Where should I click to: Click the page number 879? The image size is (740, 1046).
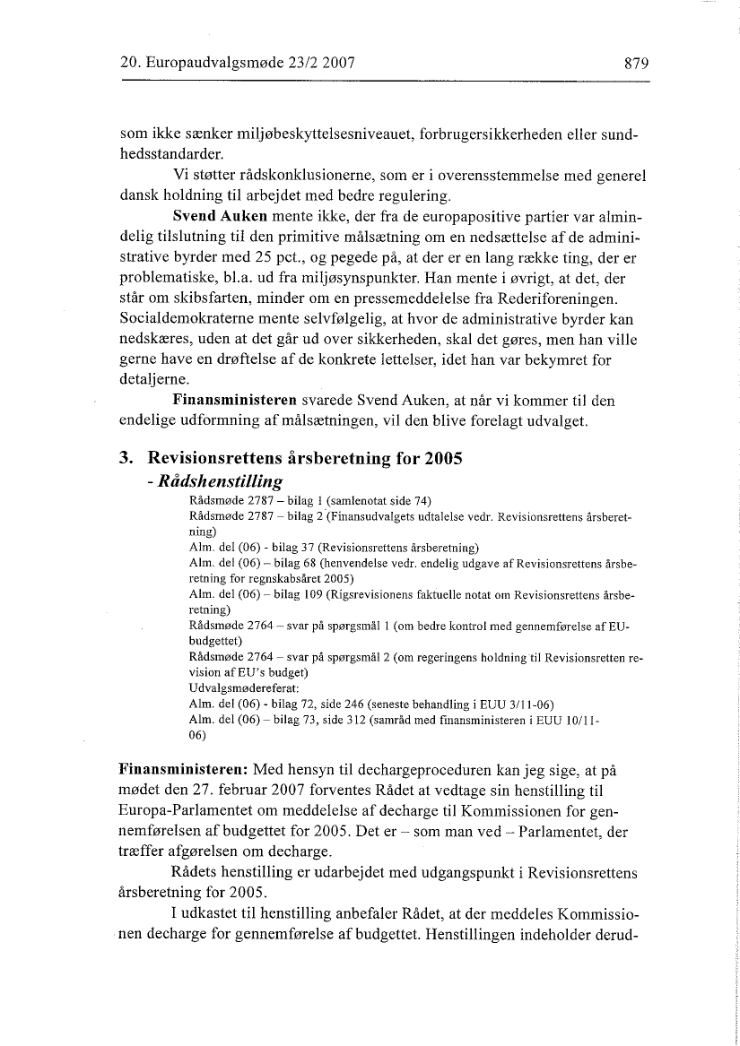631,64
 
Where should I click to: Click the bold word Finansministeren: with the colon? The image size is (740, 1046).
184,770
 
